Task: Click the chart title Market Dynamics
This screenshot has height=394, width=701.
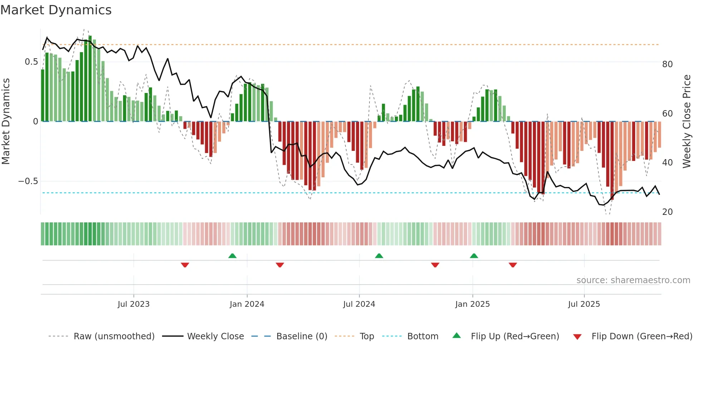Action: click(56, 10)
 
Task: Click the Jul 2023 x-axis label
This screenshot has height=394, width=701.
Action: click(133, 304)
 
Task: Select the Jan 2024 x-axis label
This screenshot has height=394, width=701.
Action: click(247, 304)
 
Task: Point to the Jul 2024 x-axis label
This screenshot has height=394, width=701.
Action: click(359, 304)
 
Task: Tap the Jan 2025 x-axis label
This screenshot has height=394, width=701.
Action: click(472, 304)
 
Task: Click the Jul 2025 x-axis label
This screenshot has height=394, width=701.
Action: click(584, 304)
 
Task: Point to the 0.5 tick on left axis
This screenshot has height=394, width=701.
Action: click(31, 62)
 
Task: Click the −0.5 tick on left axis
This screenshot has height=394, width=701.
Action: click(28, 181)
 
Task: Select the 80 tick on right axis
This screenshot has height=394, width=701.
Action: click(667, 64)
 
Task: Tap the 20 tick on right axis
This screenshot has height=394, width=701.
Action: click(667, 212)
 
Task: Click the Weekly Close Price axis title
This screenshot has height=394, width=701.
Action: click(687, 122)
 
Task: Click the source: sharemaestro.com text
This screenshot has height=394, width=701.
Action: click(633, 280)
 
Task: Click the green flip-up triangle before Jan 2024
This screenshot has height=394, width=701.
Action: click(232, 256)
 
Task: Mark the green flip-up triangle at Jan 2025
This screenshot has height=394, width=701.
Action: click(474, 256)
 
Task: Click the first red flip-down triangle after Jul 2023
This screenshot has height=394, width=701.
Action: click(185, 265)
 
